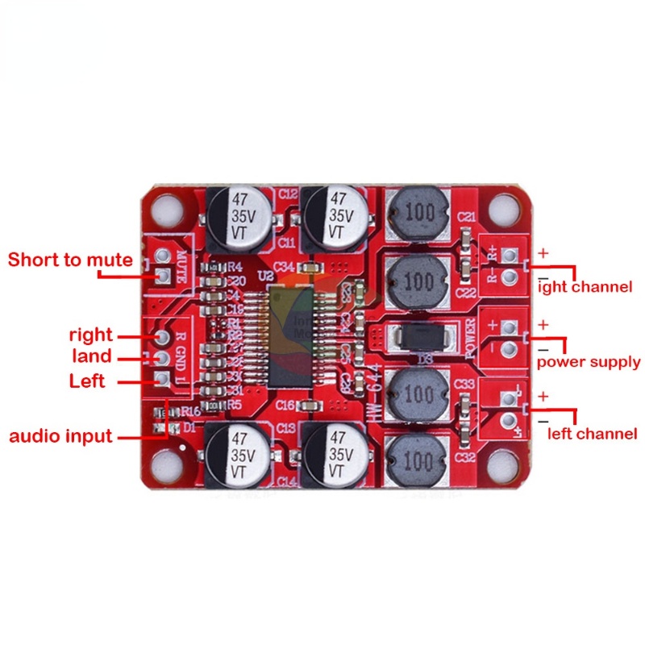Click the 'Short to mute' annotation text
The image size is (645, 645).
70,260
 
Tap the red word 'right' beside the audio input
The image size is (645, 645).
91,335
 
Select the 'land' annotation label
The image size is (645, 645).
91,357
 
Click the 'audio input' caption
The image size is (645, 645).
60,436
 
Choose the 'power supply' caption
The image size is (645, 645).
589,361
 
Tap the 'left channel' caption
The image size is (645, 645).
593,434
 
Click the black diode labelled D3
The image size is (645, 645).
416,336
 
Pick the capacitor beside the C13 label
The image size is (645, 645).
237,456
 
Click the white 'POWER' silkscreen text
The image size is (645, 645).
473,339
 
